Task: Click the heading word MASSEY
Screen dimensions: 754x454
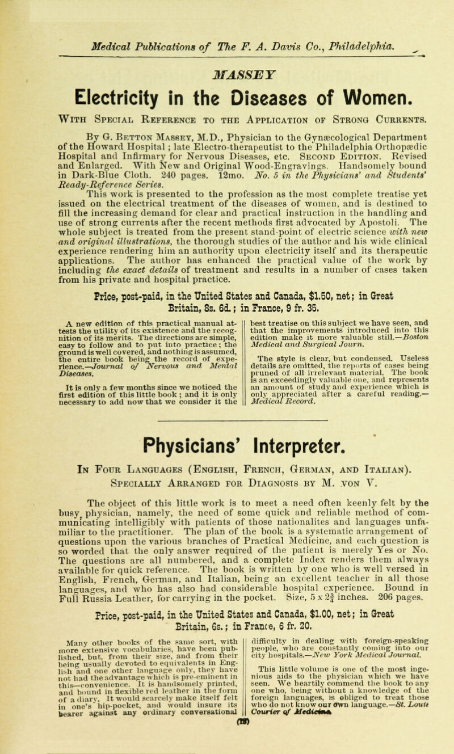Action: [227, 42]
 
